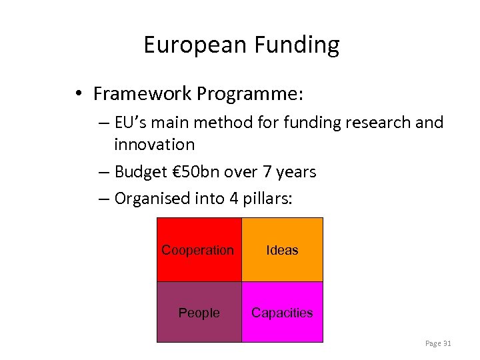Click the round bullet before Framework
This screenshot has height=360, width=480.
[79, 94]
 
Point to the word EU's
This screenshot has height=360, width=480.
[132, 123]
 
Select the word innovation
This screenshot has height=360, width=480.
[154, 145]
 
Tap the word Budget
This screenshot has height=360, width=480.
[140, 172]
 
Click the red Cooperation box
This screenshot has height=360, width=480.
[199, 250]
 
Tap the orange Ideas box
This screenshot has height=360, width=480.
[282, 250]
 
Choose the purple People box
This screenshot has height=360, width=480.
[199, 312]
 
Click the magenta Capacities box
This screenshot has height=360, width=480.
[282, 312]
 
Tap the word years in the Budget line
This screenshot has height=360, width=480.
[293, 172]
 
